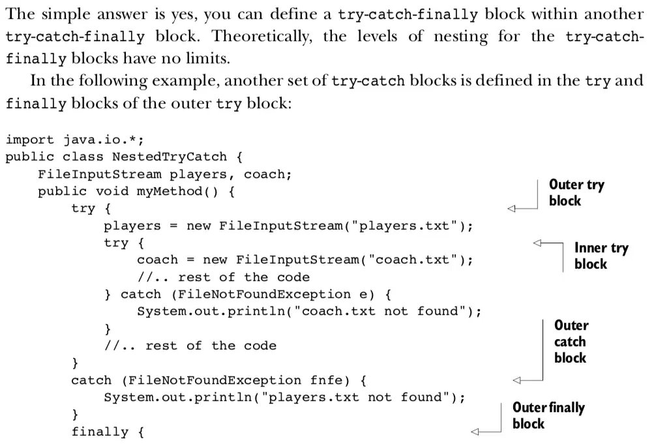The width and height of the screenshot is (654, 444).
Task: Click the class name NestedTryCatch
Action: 170,156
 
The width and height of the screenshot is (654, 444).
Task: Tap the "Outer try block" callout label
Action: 576,192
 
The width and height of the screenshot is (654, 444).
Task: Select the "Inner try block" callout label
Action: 601,256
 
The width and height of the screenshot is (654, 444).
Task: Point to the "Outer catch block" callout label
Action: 571,342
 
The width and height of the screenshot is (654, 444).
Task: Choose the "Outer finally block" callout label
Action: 548,415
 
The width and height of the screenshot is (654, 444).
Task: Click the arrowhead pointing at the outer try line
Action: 511,209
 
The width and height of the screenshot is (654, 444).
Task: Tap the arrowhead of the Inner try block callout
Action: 537,243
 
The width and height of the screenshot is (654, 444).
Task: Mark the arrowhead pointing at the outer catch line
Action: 517,380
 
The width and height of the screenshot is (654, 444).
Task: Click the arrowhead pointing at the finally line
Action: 475,432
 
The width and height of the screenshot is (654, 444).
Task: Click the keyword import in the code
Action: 29,140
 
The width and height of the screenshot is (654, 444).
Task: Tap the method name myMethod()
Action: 177,192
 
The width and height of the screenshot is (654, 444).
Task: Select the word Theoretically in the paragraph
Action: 262,37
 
